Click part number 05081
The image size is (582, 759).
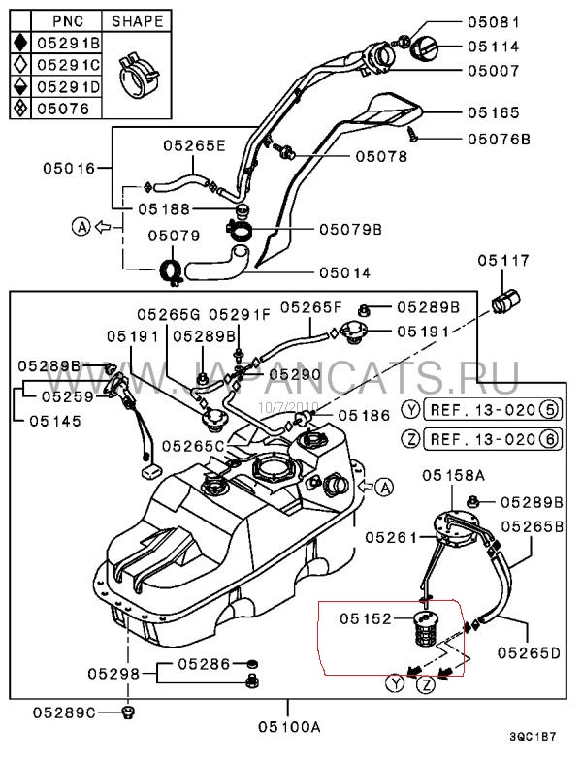pos(496,21)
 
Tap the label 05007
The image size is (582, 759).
pos(496,70)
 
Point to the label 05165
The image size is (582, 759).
pos(496,112)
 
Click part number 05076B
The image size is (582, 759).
pos(499,139)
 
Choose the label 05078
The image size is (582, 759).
pos(381,155)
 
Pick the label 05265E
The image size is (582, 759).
pos(193,145)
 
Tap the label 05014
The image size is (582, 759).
pos(345,272)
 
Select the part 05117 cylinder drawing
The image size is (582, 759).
pos(504,300)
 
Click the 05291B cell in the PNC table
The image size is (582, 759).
pos(67,42)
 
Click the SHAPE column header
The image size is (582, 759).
pos(137,19)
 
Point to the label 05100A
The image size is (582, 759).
pos(288,724)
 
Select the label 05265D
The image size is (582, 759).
pos(530,652)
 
